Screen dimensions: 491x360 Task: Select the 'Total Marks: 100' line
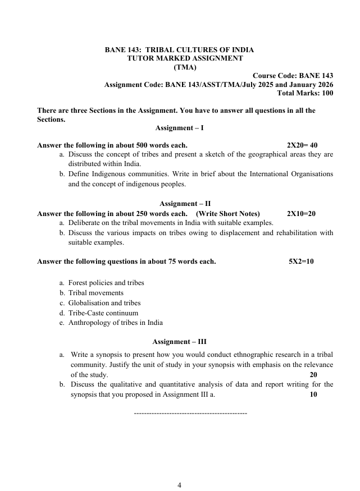click(306, 93)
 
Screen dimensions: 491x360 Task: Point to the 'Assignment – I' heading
click(179, 128)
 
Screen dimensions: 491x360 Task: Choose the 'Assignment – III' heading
click(180, 341)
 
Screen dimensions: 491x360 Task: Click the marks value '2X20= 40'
click(302, 145)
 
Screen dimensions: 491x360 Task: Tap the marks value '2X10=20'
click(301, 213)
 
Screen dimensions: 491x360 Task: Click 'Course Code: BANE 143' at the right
click(293, 76)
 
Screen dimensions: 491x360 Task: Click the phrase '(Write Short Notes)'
click(227, 213)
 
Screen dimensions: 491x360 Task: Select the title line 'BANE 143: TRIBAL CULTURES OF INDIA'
click(179, 50)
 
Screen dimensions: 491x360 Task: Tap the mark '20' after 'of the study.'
click(313, 375)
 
